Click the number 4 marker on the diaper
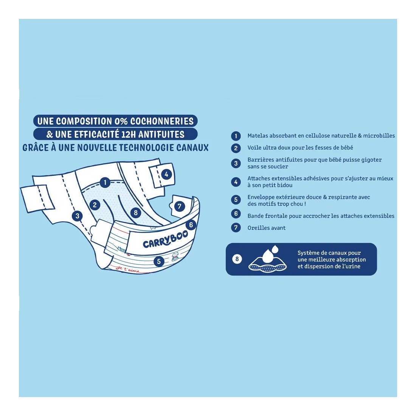click(166, 175)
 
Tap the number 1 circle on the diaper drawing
click(105, 183)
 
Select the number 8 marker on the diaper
click(135, 213)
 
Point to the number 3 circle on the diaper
click(77, 216)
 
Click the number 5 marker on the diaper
click(159, 261)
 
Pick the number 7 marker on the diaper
click(179, 206)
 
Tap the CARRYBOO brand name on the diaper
click(165, 239)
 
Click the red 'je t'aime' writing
click(127, 269)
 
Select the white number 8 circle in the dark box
click(237, 259)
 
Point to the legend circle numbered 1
click(236, 136)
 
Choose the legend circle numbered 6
click(236, 214)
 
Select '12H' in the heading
click(129, 135)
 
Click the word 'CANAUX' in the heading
click(192, 148)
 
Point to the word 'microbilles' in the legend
click(379, 135)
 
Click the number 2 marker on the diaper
click(95, 205)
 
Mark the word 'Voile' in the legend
click(255, 147)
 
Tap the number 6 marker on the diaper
click(191, 225)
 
